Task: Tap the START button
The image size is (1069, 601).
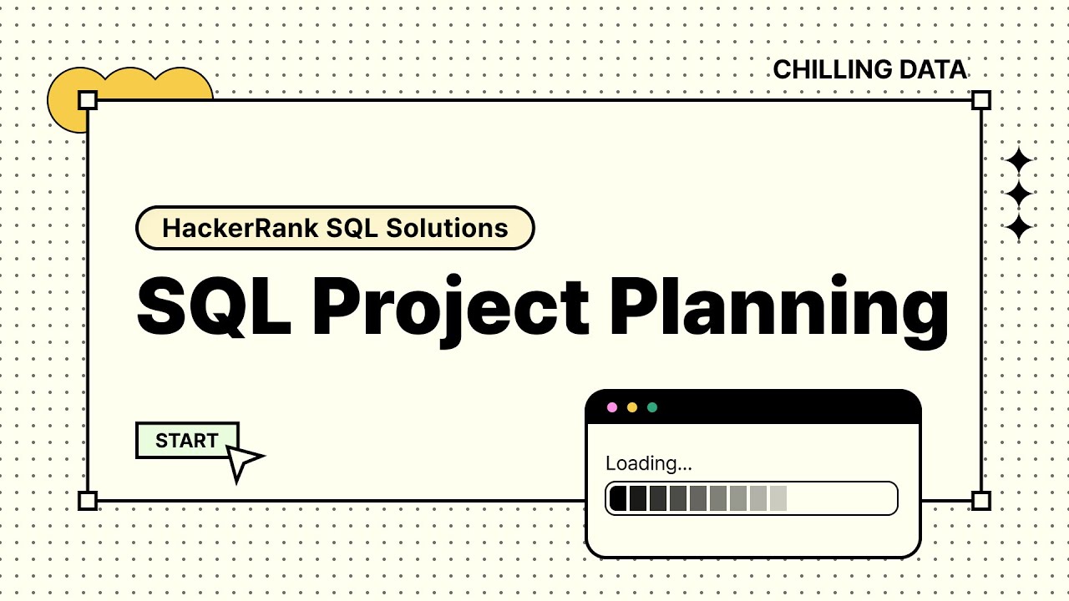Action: pos(187,441)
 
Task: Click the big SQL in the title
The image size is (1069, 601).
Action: pos(214,306)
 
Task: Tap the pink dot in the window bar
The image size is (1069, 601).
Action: pos(612,407)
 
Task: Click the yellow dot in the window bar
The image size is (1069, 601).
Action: pos(632,407)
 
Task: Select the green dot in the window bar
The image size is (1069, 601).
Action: pos(652,407)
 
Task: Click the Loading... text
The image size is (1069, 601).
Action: pos(648,463)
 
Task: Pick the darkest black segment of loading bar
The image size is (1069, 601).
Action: pos(618,498)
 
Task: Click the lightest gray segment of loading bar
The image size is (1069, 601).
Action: pos(778,498)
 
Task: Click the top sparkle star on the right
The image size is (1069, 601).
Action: pos(1018,161)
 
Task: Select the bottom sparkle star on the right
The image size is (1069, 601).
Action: pos(1018,227)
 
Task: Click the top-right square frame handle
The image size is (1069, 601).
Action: pos(981,101)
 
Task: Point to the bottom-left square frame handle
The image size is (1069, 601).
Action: pos(88,501)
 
